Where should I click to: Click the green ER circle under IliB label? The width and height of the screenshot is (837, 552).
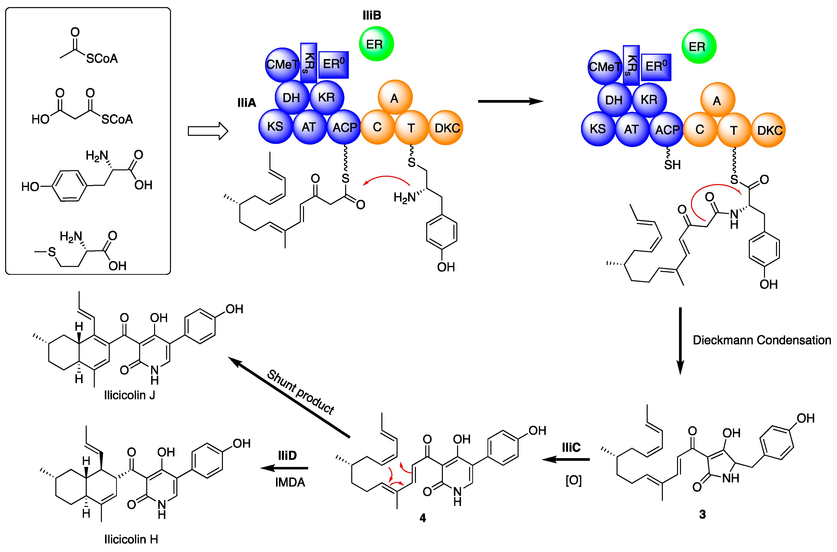[x=376, y=44]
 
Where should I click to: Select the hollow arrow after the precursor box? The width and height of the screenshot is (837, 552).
[x=207, y=131]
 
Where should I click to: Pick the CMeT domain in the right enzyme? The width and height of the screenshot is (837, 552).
[x=605, y=67]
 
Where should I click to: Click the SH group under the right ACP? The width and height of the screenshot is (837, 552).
[x=672, y=165]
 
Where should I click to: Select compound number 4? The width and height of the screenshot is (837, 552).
[x=423, y=518]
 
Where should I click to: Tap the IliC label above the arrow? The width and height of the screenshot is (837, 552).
[x=571, y=447]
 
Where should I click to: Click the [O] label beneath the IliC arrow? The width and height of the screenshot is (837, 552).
[x=573, y=480]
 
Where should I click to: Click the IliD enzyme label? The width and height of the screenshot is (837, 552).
[x=287, y=455]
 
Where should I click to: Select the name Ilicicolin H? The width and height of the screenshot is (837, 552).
[x=131, y=539]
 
